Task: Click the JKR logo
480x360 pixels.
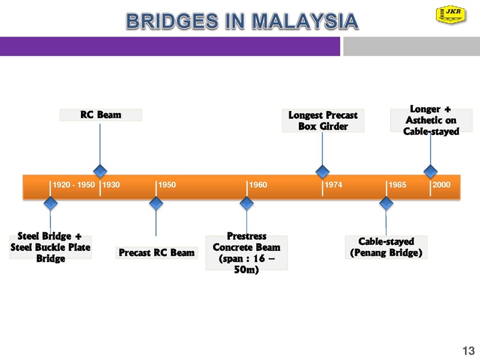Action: coord(451,14)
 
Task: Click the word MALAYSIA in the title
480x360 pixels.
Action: coord(305,21)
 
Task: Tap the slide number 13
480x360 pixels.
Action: coord(469,350)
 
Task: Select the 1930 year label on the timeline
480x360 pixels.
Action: coord(111,185)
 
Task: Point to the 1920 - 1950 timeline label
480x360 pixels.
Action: coord(74,185)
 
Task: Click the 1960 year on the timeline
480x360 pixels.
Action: coord(258,185)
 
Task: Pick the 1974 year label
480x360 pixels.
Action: coord(334,185)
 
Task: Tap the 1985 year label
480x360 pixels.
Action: coord(397,185)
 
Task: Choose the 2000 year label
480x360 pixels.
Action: coord(442,185)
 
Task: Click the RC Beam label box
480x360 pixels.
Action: coord(101,115)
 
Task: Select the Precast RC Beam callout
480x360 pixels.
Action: coord(157,253)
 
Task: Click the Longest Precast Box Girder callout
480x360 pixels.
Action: coord(323,121)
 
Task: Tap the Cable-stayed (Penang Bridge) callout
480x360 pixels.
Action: coord(386,247)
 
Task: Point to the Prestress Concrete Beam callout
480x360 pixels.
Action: coord(247,253)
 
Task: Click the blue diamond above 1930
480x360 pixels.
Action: coord(100,171)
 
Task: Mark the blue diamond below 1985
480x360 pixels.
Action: coord(386,203)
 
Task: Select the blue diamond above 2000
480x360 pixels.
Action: coord(430,171)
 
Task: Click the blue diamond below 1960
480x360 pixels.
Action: coord(247,203)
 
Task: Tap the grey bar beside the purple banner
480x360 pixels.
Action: coord(412,46)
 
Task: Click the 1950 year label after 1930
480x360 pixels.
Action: coord(167,185)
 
